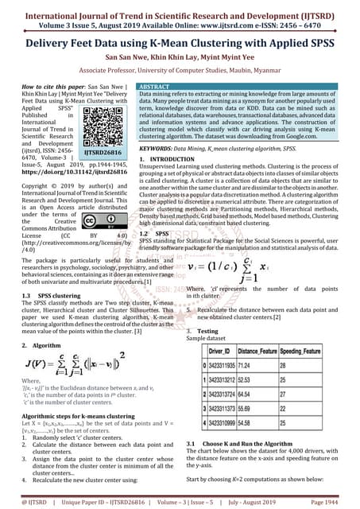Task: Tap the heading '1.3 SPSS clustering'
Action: (x=52, y=294)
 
